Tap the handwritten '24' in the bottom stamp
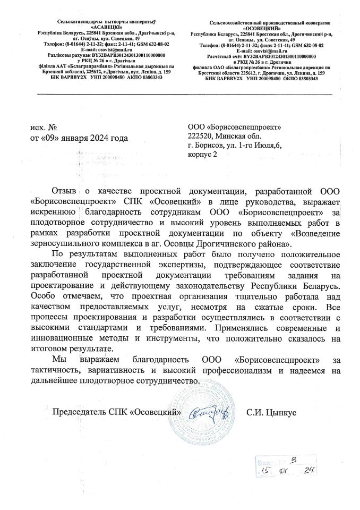point(306,472)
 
